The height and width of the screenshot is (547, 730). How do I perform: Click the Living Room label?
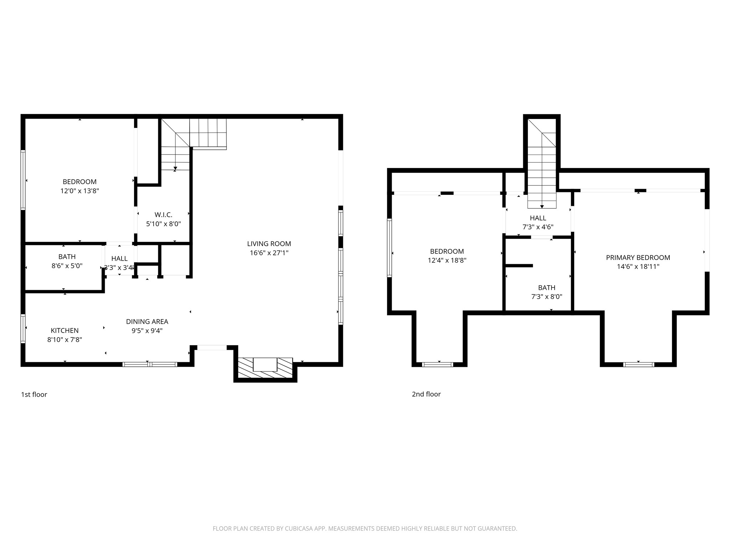[269, 244]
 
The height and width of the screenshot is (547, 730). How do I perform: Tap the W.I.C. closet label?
[164, 215]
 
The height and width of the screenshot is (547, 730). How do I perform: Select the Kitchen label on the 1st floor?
[65, 330]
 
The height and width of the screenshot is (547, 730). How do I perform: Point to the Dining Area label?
[147, 322]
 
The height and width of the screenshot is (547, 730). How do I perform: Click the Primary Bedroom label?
[638, 257]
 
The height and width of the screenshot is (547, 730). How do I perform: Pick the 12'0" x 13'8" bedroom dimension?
[79, 191]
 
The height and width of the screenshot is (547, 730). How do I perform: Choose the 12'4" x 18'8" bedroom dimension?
[447, 260]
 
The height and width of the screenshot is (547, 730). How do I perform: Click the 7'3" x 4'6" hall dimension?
[538, 227]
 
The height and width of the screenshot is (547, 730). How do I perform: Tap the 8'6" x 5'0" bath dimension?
[67, 266]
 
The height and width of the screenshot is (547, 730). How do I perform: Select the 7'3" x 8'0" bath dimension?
[547, 297]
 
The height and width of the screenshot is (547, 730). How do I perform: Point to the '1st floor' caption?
[34, 394]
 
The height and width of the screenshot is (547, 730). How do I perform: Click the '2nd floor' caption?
[426, 394]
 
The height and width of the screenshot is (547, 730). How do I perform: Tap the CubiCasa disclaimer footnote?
[365, 528]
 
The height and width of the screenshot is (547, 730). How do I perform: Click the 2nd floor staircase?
[542, 164]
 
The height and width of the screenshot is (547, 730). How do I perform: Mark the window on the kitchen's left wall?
[23, 328]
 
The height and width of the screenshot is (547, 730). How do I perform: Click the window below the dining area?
[150, 364]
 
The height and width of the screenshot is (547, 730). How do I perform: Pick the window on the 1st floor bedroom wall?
[23, 180]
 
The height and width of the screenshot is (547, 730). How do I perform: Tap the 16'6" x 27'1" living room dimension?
[269, 253]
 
